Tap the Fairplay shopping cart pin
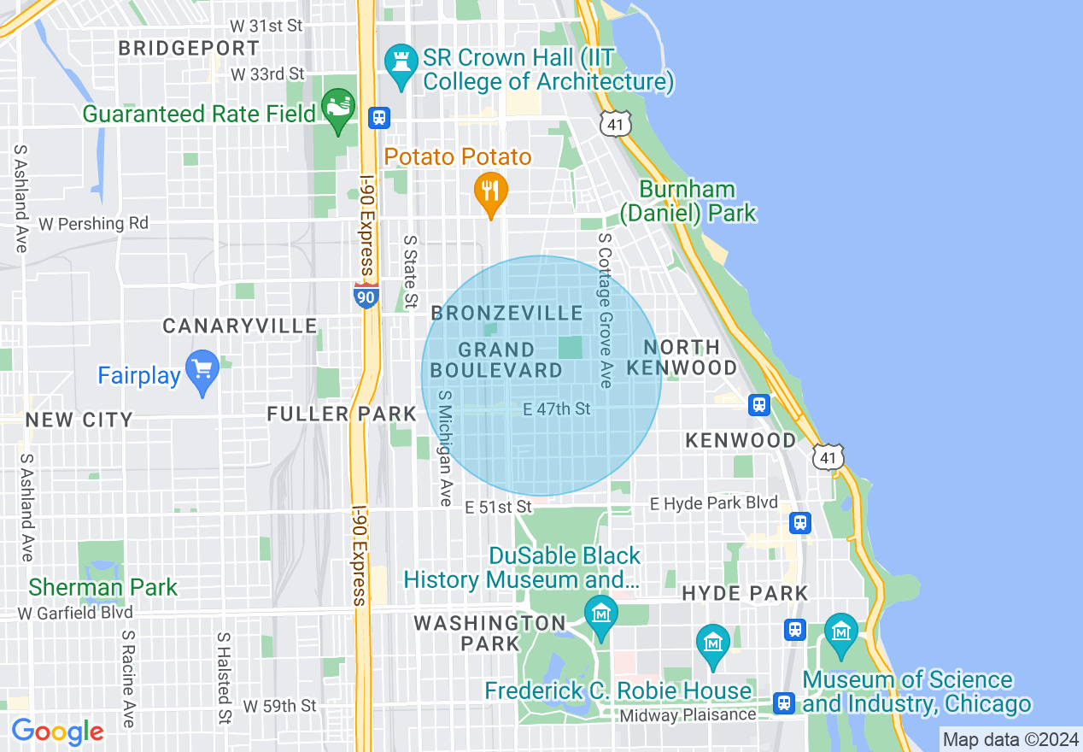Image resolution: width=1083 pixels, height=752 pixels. click(x=202, y=371)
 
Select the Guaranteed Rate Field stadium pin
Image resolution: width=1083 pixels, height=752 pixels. click(x=338, y=109)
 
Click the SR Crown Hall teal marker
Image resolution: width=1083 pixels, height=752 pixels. click(x=399, y=64)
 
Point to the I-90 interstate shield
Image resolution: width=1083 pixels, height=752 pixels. click(x=366, y=296)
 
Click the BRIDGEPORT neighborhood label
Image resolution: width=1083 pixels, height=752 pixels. click(x=189, y=49)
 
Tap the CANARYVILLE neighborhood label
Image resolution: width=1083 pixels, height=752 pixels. click(x=240, y=326)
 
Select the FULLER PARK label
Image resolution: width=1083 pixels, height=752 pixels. click(x=342, y=414)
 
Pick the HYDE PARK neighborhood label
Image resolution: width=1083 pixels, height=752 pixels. click(x=745, y=593)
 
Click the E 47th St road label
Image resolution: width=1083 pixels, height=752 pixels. click(x=557, y=410)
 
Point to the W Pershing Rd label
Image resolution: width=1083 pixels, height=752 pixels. click(x=94, y=224)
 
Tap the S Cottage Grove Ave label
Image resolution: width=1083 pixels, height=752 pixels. click(x=606, y=312)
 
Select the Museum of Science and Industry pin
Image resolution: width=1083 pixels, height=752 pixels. click(x=841, y=635)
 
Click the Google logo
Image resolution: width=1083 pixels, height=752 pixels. click(x=57, y=731)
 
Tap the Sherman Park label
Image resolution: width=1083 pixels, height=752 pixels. click(x=103, y=588)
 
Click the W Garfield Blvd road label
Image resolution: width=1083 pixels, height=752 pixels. click(x=75, y=613)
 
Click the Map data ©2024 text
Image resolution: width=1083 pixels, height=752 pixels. click(x=1010, y=739)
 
